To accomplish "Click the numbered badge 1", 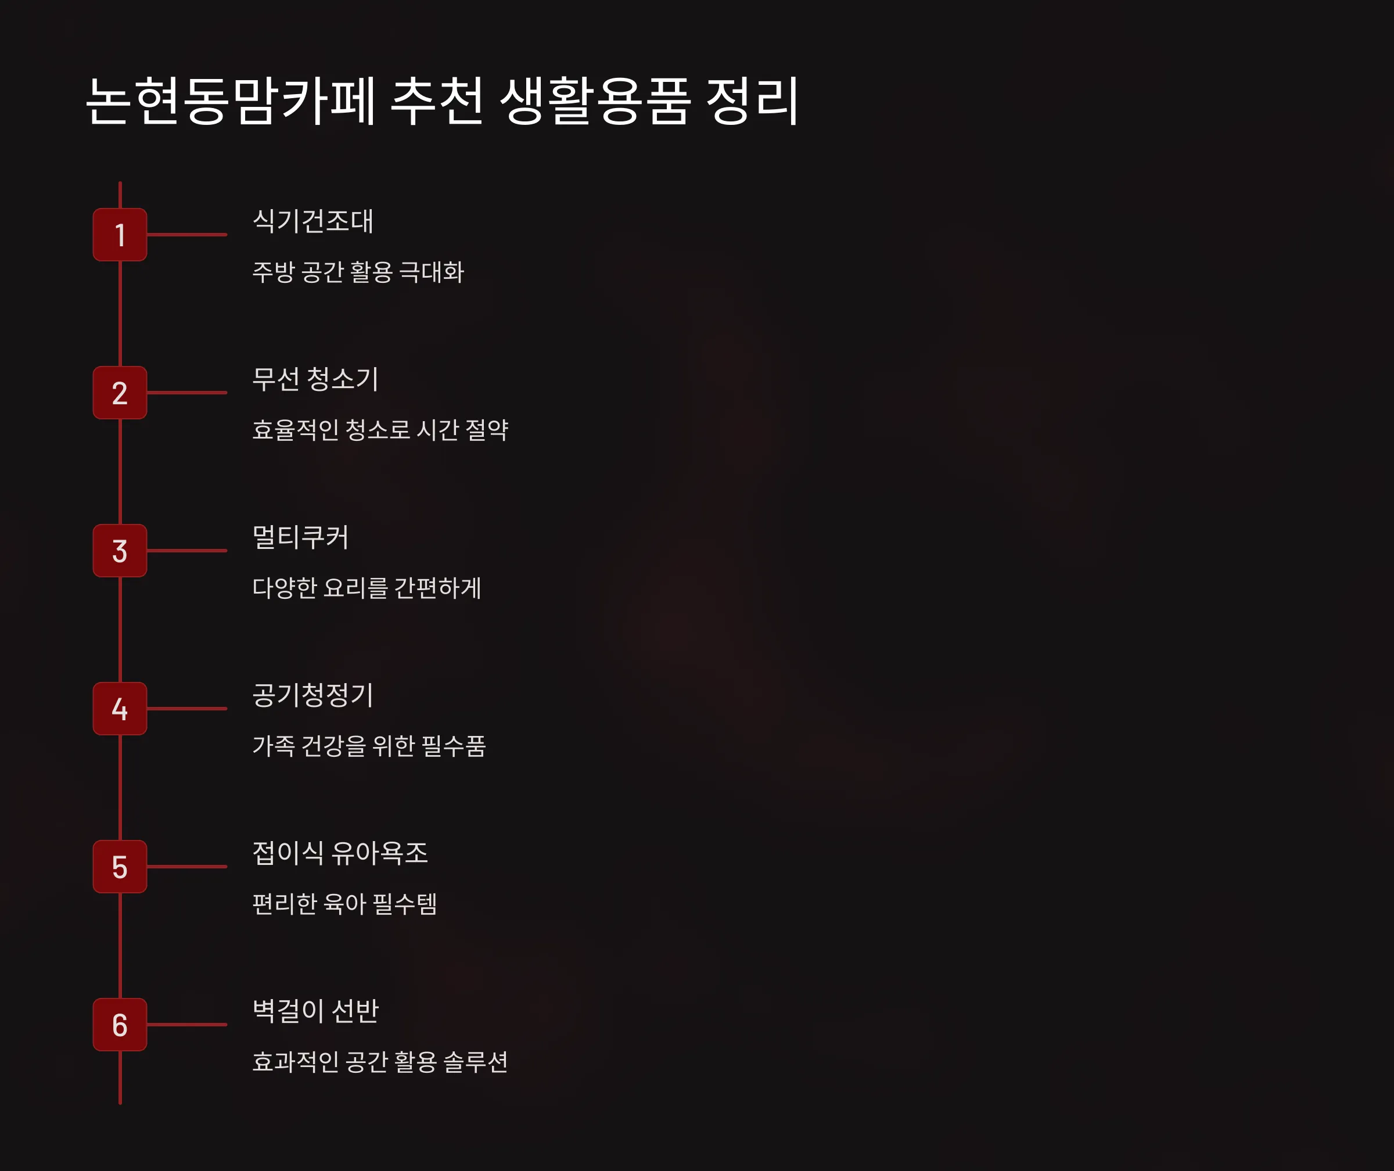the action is [120, 234].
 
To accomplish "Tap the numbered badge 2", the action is [120, 392].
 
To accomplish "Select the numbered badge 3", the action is [120, 550].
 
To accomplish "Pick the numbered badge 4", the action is [120, 708].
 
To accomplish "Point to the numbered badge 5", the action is [120, 866].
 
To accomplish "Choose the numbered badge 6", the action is [120, 1024].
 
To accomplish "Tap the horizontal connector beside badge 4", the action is [187, 708].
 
